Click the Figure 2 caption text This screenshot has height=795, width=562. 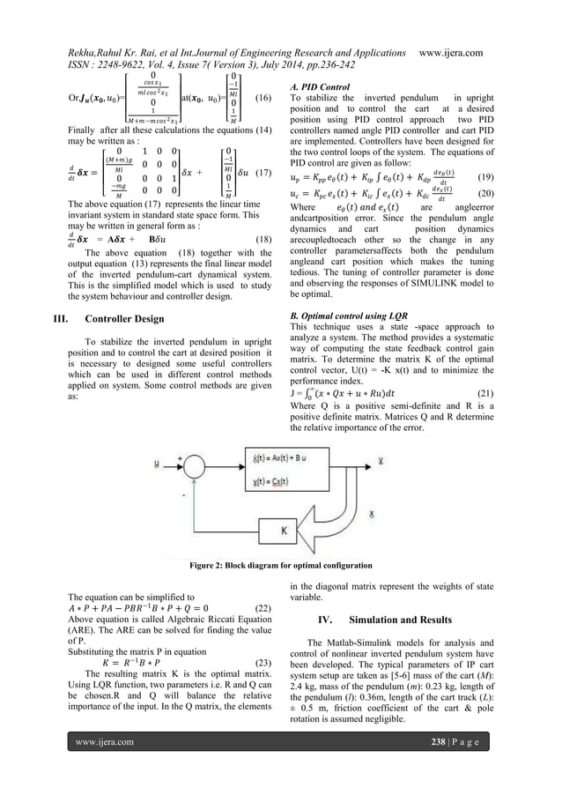[281, 565]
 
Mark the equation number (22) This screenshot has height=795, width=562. [261, 607]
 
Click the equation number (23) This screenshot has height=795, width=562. [261, 661]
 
